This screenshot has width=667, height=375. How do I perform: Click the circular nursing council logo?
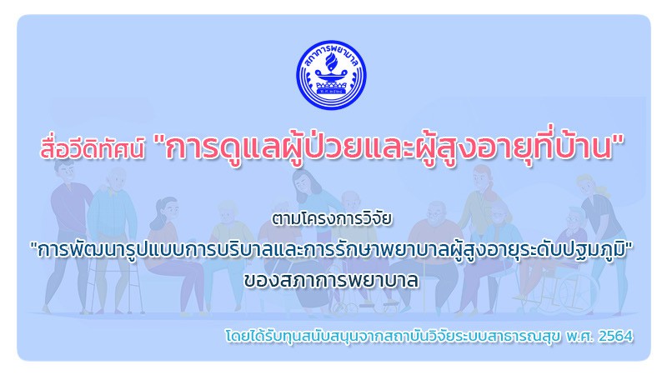[331, 75]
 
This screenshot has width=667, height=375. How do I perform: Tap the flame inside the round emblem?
[330, 65]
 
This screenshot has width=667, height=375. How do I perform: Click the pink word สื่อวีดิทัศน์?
[93, 148]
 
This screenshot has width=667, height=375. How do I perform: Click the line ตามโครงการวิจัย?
[331, 218]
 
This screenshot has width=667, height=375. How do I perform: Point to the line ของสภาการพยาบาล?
[331, 280]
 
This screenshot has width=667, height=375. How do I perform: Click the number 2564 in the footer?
[615, 337]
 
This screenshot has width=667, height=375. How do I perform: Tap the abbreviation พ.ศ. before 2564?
[579, 337]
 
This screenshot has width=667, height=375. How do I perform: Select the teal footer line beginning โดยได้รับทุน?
[429, 336]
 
